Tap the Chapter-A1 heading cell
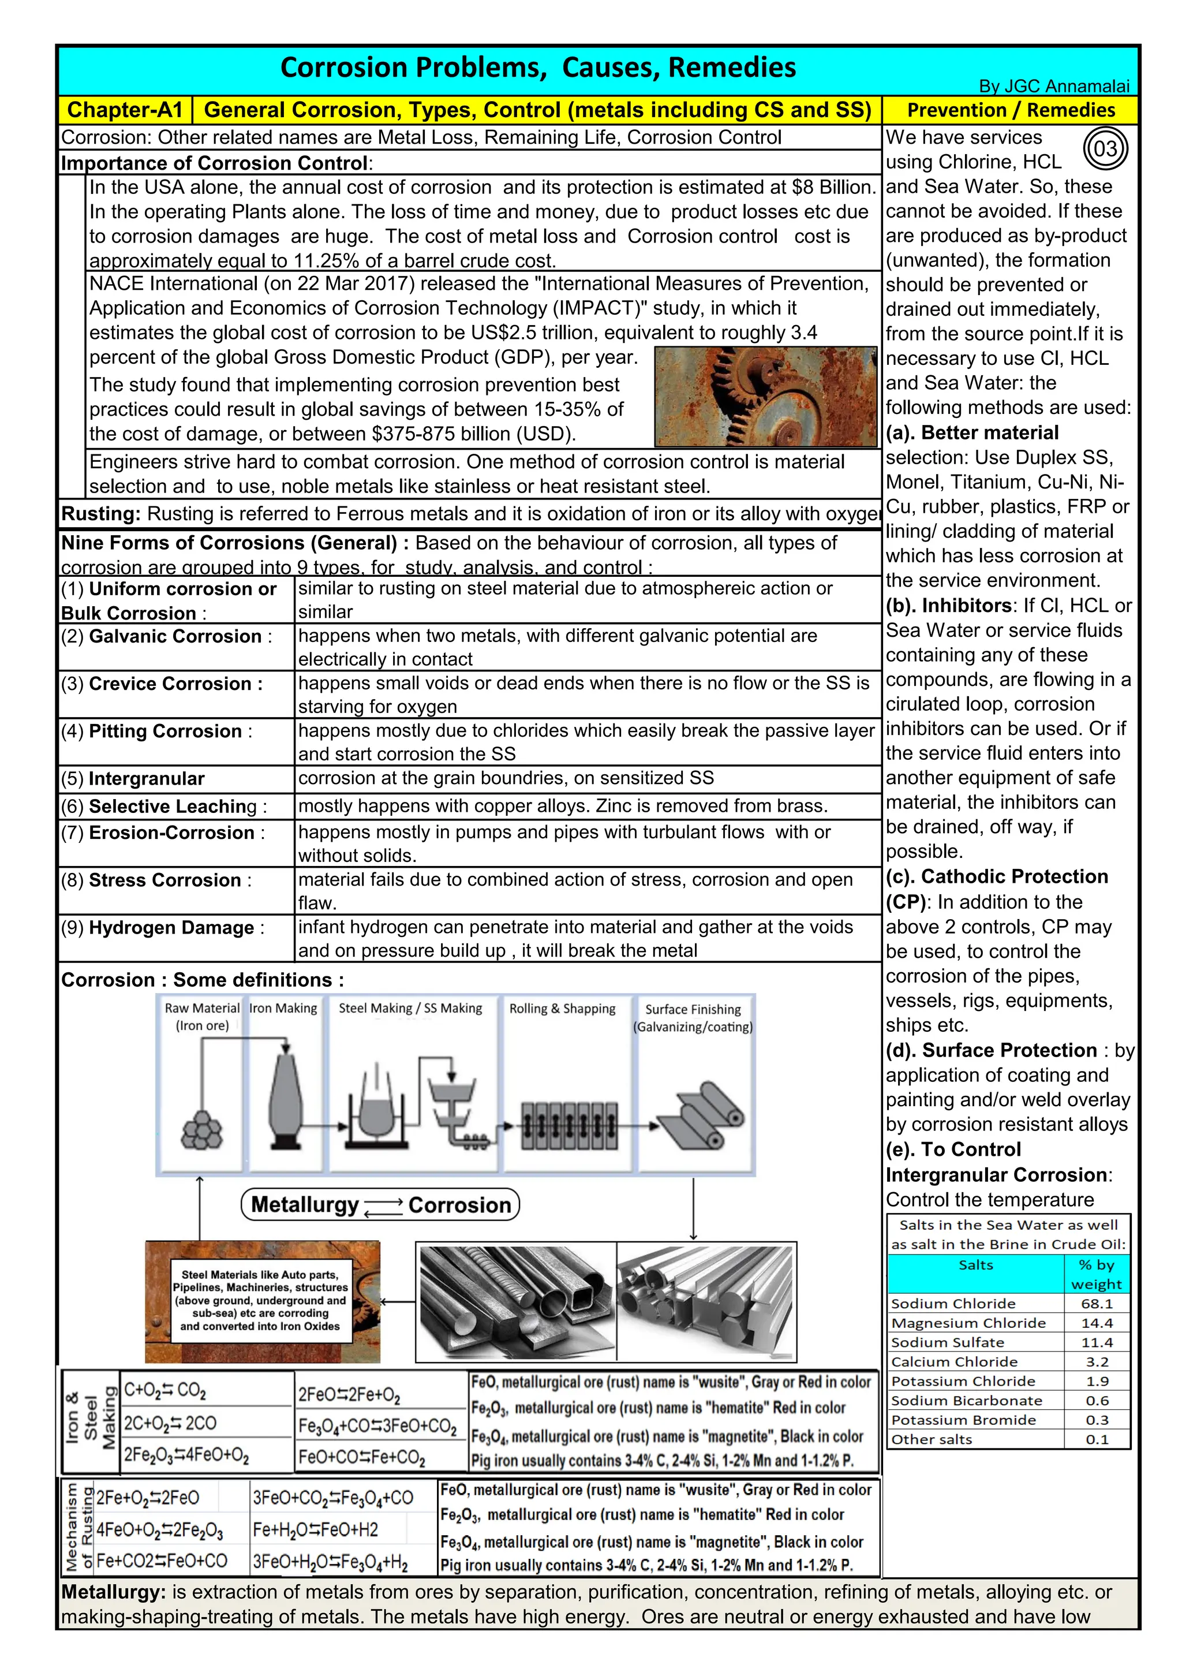tap(125, 110)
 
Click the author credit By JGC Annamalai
tap(1054, 86)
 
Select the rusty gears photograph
tap(766, 397)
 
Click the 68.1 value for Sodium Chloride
tap(1096, 1304)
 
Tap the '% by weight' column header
tap(1096, 1274)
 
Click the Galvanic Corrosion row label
tap(175, 636)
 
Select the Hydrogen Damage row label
tap(171, 928)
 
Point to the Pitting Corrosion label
tap(164, 731)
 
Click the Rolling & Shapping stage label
tap(562, 1009)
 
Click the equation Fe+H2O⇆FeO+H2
tap(316, 1530)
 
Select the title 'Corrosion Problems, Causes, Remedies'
tap(538, 68)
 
